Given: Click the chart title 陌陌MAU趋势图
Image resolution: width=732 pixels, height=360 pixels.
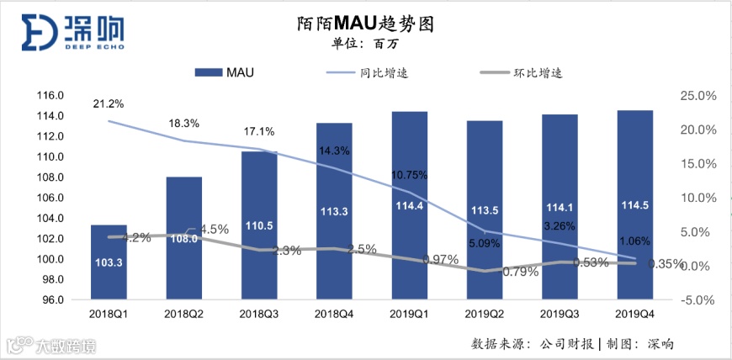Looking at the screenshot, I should pos(366,24).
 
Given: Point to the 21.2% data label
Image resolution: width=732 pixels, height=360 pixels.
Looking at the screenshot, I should pos(109,104).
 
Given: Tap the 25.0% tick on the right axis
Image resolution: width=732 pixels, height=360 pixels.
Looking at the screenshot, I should pos(698,96).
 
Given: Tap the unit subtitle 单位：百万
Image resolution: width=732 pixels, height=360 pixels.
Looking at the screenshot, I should pos(366,45).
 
